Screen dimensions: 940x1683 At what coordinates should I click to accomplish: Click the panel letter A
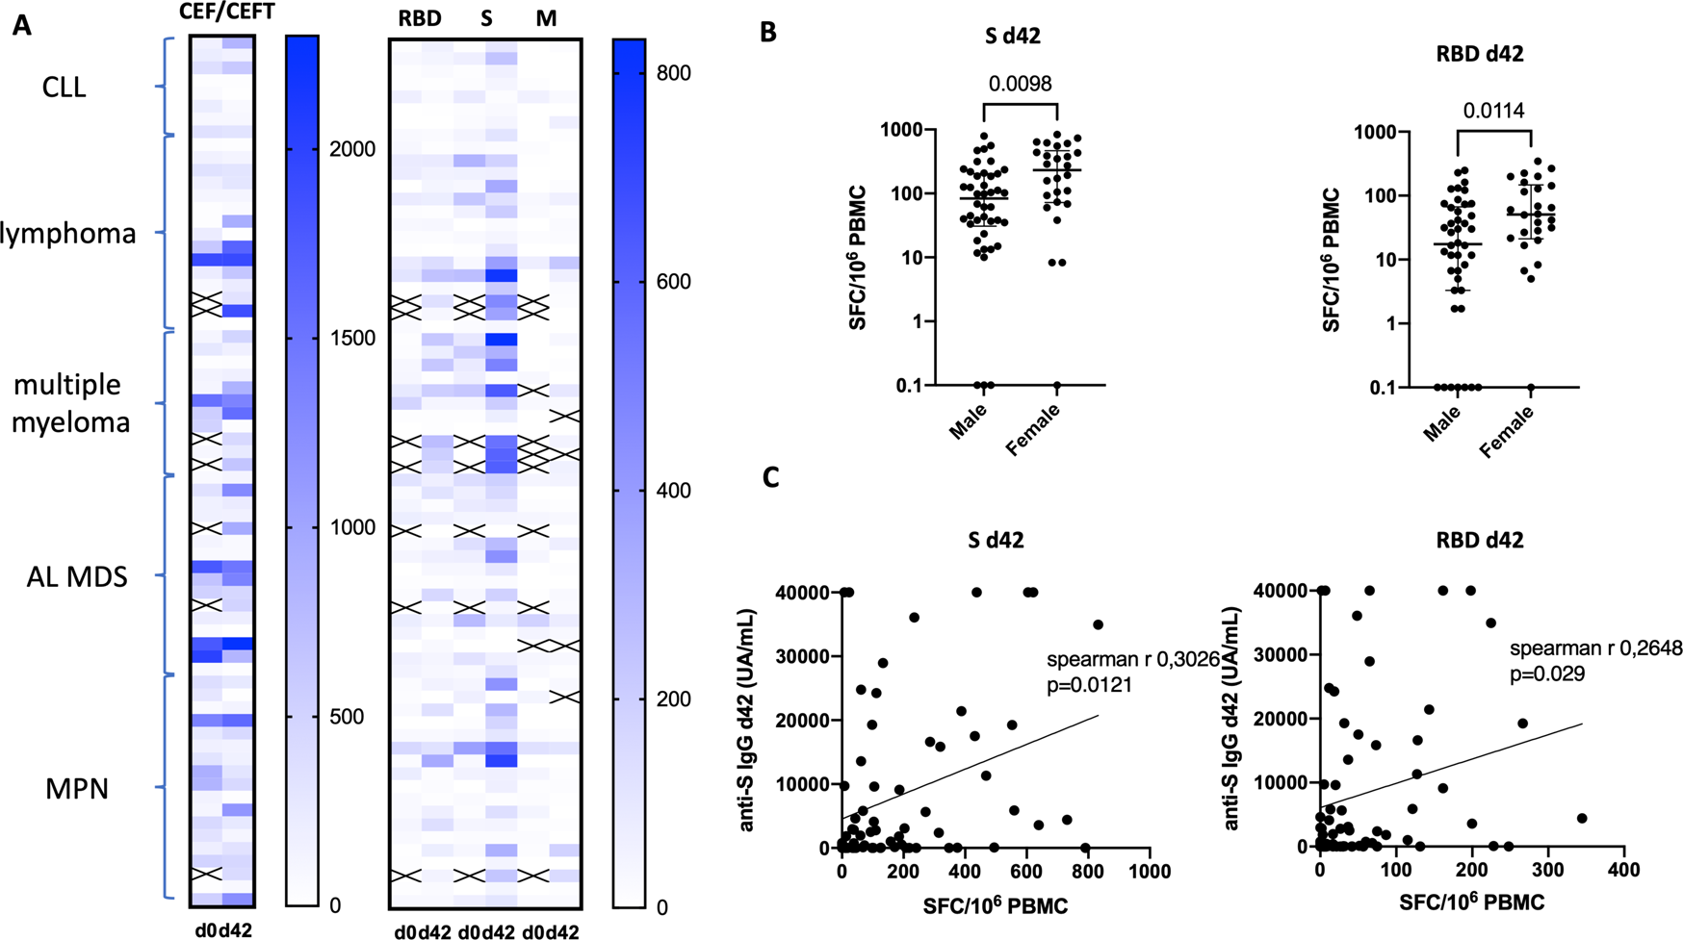pos(21,26)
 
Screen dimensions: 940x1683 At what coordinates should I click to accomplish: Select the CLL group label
pos(65,88)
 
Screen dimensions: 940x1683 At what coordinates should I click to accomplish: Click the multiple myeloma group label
pos(69,403)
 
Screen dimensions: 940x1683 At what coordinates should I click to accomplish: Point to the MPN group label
pos(77,789)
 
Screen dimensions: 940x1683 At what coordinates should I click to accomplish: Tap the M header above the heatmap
pos(546,19)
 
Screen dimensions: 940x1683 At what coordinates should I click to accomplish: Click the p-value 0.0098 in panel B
pos(1020,84)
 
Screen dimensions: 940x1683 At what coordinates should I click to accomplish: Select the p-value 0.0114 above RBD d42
pos(1493,112)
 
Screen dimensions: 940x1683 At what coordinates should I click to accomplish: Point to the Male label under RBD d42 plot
pos(1441,423)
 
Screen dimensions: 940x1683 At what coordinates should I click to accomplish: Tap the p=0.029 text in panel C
pos(1546,674)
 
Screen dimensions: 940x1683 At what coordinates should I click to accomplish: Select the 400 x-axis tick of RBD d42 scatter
pos(1623,871)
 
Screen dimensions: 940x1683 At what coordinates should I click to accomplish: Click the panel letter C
pos(770,477)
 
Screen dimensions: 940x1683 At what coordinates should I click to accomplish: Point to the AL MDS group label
pos(78,576)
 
